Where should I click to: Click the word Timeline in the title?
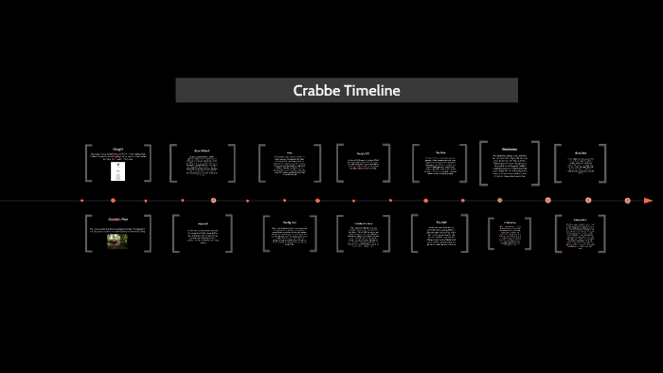pos(373,91)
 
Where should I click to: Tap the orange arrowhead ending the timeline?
pos(648,201)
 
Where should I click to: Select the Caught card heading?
pos(118,149)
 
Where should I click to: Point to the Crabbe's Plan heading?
pos(118,219)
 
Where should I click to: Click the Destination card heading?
pos(509,149)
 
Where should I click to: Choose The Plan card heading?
pos(440,151)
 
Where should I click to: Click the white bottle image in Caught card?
pos(118,171)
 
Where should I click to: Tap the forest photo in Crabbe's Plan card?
pos(118,240)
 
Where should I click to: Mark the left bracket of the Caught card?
pos(86,163)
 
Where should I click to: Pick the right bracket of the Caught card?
pos(150,163)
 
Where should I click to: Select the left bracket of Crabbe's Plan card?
pos(86,233)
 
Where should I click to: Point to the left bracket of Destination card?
pos(482,163)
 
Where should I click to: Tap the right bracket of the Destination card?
pos(537,163)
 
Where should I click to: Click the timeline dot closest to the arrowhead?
pos(628,201)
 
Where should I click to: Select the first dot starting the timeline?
pos(82,201)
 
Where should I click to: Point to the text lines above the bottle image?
pos(118,156)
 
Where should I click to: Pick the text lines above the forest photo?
pos(118,228)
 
